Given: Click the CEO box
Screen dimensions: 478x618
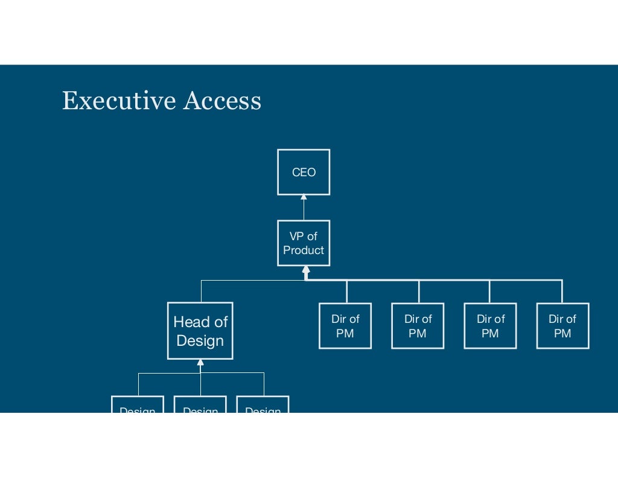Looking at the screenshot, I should pyautogui.click(x=304, y=172).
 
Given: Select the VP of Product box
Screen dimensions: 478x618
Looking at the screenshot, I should pyautogui.click(x=304, y=243).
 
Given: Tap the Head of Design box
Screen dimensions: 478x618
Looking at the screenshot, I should pyautogui.click(x=200, y=331).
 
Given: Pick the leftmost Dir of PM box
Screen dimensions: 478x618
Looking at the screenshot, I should pyautogui.click(x=345, y=326).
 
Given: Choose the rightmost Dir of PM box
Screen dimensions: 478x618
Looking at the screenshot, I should pyautogui.click(x=562, y=326).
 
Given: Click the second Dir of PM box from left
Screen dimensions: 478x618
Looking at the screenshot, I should pyautogui.click(x=418, y=326).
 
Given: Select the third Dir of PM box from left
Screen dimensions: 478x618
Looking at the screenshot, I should pyautogui.click(x=490, y=326).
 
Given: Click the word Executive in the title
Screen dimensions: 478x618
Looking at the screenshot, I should pyautogui.click(x=118, y=100).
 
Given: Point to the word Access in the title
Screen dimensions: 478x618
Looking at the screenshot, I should pyautogui.click(x=222, y=100).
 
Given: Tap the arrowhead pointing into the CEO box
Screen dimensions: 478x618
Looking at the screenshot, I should pyautogui.click(x=304, y=197).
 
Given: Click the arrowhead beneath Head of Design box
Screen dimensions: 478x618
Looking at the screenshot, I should pyautogui.click(x=200, y=363).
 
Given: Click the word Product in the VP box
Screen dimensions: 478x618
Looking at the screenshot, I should pyautogui.click(x=304, y=250).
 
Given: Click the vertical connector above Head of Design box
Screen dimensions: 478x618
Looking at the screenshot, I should pyautogui.click(x=201, y=291).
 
